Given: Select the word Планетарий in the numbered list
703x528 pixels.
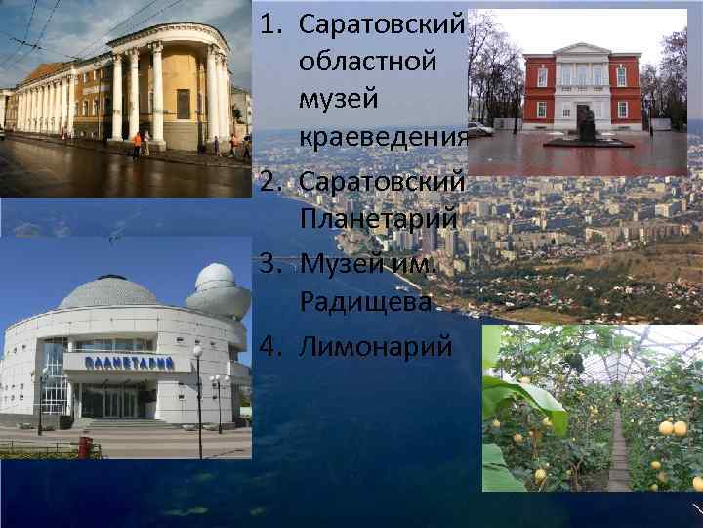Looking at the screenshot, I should pyautogui.click(x=376, y=219).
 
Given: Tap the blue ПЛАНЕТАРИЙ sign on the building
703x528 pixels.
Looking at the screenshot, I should pyautogui.click(x=129, y=363).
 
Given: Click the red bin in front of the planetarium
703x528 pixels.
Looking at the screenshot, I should pyautogui.click(x=85, y=447).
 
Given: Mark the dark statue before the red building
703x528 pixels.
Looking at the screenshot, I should pyautogui.click(x=587, y=124).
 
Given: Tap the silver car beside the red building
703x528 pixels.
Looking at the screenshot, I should pyautogui.click(x=478, y=129).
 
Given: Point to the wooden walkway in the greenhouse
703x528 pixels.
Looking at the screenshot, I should pyautogui.click(x=617, y=460).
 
